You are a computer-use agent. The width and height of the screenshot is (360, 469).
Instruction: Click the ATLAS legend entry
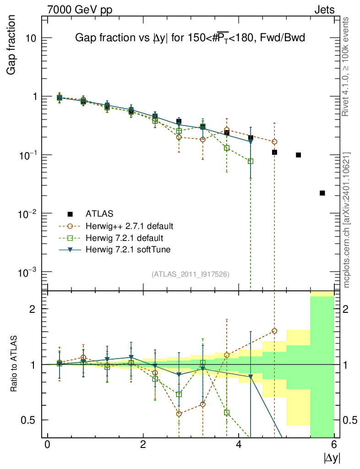click(x=99, y=213)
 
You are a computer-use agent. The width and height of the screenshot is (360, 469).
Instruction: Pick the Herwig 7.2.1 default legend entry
click(x=125, y=238)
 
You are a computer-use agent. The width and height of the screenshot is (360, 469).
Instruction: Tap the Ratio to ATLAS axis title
click(x=14, y=364)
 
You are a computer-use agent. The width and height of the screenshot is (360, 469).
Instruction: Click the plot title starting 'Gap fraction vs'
click(x=190, y=39)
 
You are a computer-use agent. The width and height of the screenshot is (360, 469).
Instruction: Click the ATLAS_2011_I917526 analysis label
click(x=190, y=274)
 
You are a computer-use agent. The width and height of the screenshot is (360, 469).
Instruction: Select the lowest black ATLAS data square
click(x=322, y=193)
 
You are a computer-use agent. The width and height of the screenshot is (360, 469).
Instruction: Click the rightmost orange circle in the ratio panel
click(x=274, y=331)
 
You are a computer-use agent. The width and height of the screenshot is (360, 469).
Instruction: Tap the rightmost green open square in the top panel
click(x=251, y=161)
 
